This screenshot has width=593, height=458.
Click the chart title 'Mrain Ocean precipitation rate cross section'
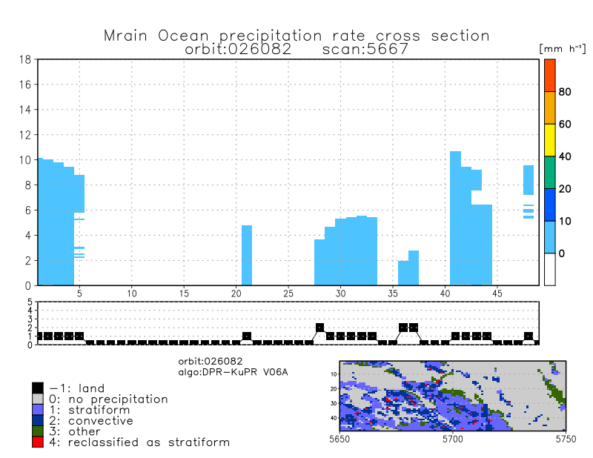point(296,36)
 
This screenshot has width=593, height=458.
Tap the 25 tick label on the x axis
point(288,294)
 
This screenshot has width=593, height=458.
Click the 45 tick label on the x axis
point(497,294)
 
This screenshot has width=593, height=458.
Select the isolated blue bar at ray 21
point(247,255)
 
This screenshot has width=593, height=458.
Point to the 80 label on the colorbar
point(565,92)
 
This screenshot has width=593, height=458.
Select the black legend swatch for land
point(38,388)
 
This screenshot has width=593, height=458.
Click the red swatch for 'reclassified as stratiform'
point(38,442)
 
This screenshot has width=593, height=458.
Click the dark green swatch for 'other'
point(38,431)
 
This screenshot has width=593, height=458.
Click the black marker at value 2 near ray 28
point(320,328)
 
